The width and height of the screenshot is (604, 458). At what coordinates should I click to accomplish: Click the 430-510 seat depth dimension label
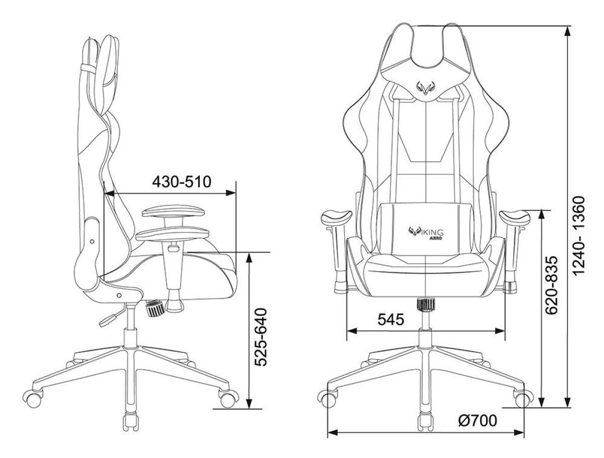(x=181, y=182)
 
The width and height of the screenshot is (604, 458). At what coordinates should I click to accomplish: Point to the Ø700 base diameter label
(x=478, y=420)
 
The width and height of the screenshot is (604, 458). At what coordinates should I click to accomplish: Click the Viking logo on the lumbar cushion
(x=425, y=232)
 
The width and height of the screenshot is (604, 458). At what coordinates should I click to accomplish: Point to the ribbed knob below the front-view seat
(x=426, y=305)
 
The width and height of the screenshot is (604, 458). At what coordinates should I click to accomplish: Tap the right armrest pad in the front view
(x=514, y=218)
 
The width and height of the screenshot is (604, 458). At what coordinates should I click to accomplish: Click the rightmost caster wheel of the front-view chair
(x=522, y=399)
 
